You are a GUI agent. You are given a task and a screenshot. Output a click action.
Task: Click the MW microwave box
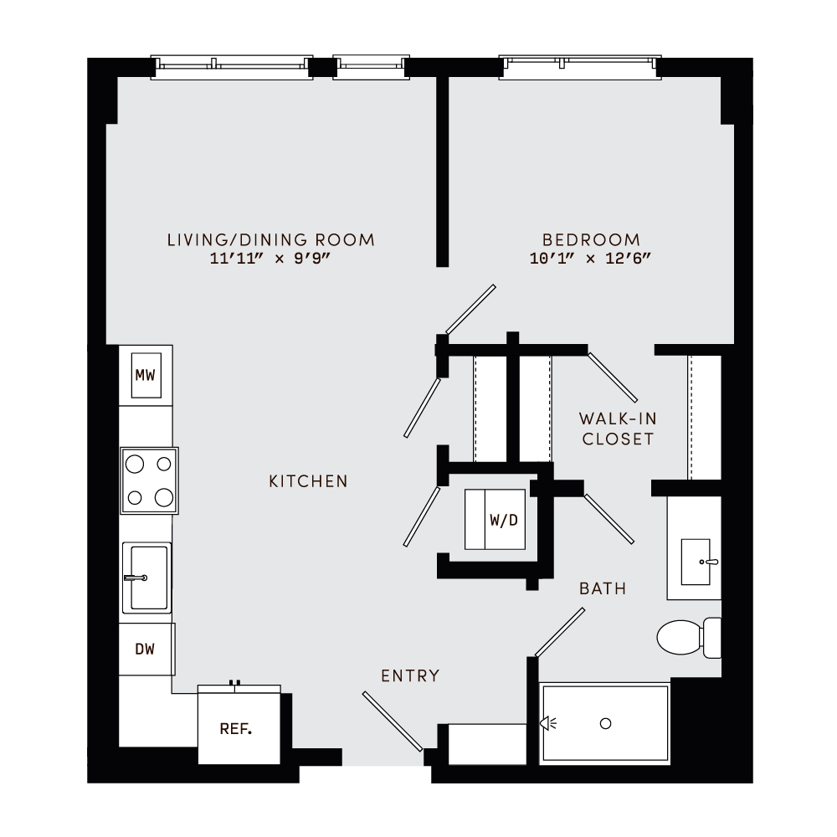coord(146,376)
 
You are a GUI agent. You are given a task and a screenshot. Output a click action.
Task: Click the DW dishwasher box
coord(146,649)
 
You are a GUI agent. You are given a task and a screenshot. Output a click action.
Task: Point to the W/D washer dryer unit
coord(496,520)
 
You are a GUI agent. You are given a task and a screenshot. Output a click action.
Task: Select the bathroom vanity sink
coord(696,562)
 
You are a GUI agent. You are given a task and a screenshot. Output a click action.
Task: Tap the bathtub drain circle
coord(607,723)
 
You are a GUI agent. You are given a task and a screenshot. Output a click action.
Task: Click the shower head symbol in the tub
coord(548,723)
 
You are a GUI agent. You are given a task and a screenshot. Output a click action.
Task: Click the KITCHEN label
coord(308,481)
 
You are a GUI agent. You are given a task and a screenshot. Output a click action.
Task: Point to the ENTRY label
coord(410,676)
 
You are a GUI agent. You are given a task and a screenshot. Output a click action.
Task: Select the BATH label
coord(603,589)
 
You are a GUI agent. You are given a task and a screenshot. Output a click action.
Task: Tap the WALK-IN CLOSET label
coord(618,429)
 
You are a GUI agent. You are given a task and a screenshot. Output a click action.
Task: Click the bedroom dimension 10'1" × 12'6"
coord(590,259)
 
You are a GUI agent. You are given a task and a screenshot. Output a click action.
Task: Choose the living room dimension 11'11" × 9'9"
coord(271,259)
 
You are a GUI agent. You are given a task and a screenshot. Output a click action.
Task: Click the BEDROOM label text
coord(590,240)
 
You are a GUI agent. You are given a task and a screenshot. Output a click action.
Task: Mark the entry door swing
coord(393,721)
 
